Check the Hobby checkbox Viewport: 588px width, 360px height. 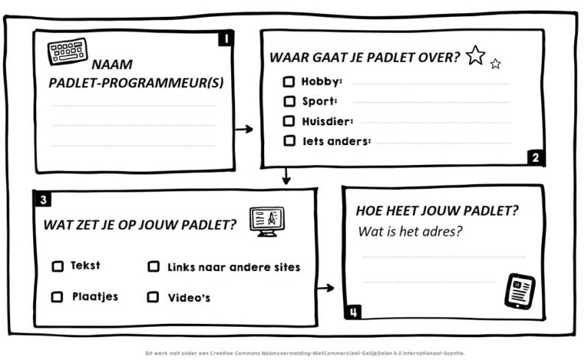289,82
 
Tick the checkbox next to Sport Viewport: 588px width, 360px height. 289,102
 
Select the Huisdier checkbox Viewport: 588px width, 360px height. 289,121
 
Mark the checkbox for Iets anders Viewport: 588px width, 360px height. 289,141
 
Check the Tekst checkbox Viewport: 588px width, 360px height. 57,267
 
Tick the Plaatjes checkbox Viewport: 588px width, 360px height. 57,297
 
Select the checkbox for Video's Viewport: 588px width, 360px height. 153,297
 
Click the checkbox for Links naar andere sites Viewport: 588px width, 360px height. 154,267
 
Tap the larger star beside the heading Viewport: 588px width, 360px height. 475,55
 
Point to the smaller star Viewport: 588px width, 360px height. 495,64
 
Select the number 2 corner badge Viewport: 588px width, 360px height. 535,157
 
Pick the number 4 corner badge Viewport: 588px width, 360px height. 355,312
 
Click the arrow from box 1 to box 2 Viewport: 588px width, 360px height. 244,130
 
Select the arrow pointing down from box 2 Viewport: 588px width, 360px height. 286,177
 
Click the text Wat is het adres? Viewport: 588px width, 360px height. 409,231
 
